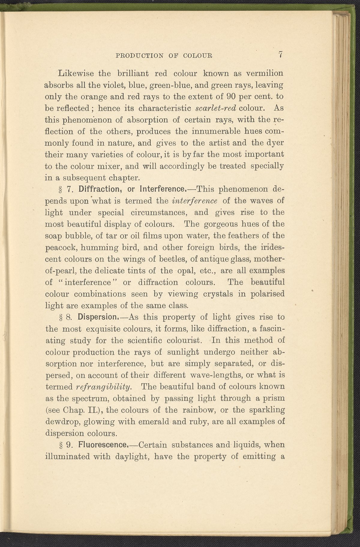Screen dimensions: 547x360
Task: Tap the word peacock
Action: tap(59, 248)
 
